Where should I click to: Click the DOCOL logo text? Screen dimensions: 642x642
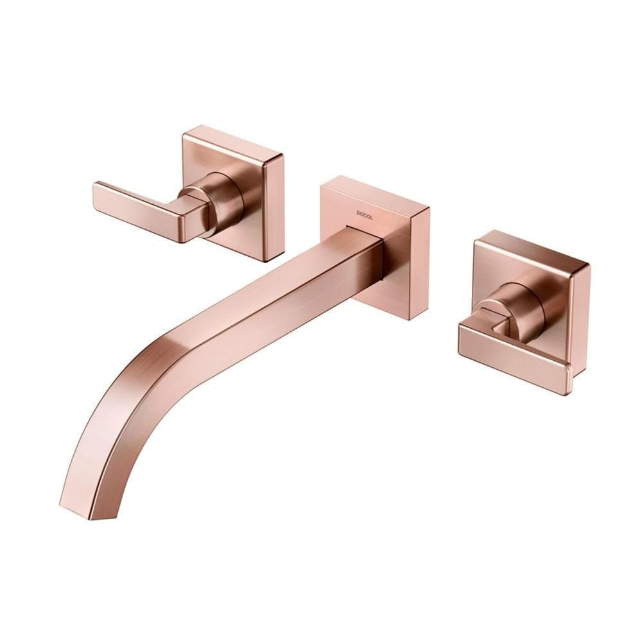(x=365, y=213)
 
